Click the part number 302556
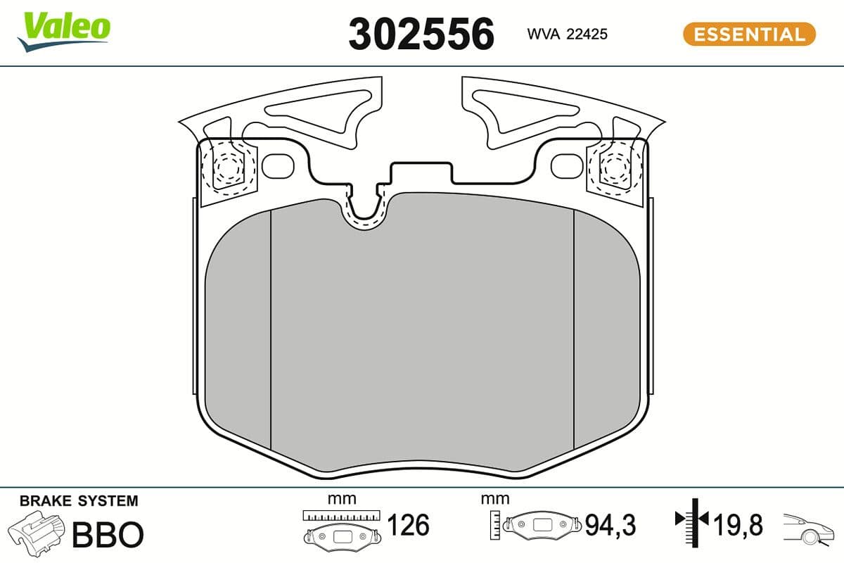pos(421,34)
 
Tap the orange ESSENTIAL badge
pos(749,34)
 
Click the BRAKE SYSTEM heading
pos(79,501)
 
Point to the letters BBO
pos(108,535)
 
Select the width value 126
pos(409,525)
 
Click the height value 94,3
pos(610,525)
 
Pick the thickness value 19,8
pos(736,525)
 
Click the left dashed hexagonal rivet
pos(226,168)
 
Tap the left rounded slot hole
pos(277,166)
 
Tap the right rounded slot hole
pos(565,166)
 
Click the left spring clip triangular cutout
pos(316,113)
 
